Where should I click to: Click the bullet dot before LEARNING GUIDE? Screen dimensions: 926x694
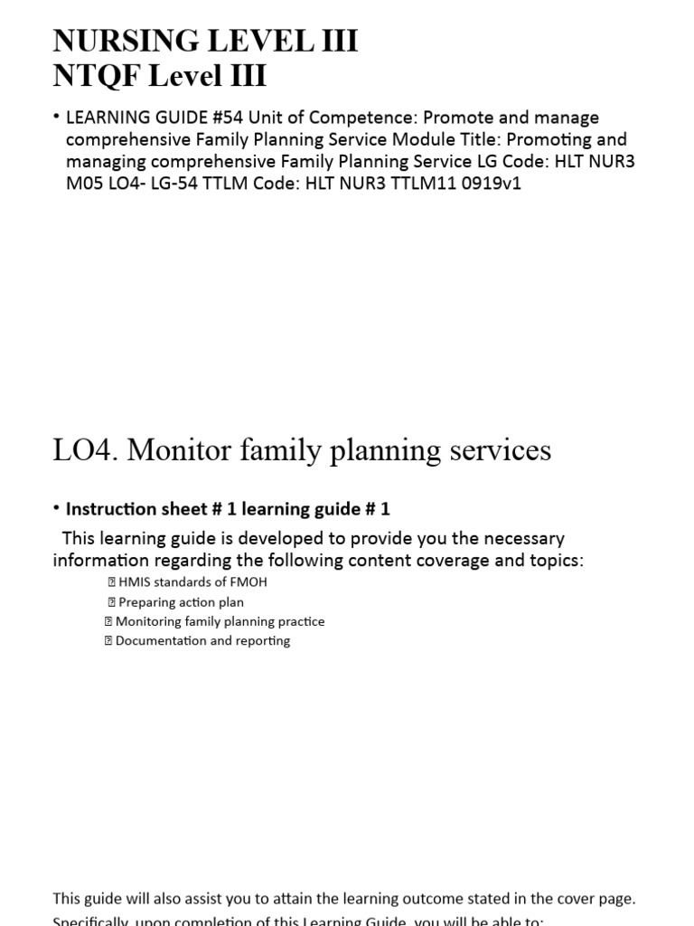56,118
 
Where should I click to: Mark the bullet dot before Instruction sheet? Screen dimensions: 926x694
57,508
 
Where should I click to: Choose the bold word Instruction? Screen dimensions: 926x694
113,509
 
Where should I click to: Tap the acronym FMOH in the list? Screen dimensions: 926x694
249,582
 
